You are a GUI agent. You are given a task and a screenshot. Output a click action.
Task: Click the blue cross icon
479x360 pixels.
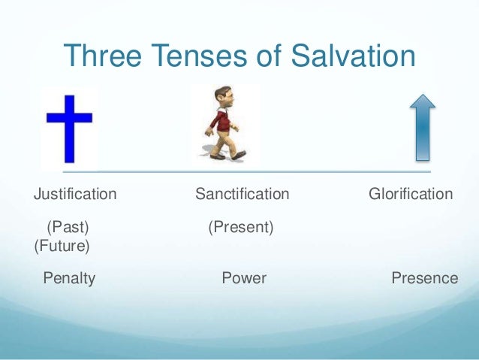tap(69, 128)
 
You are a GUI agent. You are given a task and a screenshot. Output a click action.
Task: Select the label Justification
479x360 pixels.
tap(75, 195)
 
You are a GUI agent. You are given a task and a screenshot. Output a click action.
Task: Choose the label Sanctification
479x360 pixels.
tap(242, 195)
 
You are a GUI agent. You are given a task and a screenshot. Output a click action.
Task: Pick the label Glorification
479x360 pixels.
tap(411, 195)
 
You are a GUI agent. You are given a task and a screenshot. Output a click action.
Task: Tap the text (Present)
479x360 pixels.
tap(240, 226)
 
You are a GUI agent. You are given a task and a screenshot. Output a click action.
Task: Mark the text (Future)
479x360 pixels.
tap(62, 246)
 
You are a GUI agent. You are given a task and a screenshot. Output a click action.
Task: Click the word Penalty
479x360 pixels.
tap(69, 279)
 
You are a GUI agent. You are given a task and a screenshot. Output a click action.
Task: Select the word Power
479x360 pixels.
tap(244, 279)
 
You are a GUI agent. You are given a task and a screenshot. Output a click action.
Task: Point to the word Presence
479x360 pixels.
tap(424, 279)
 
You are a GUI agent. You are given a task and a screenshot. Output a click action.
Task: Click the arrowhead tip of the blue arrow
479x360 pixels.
tap(423, 97)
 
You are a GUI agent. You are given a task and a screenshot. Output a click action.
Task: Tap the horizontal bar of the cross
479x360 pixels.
tap(69, 118)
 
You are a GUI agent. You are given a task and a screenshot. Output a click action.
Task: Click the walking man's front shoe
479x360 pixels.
tap(239, 154)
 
